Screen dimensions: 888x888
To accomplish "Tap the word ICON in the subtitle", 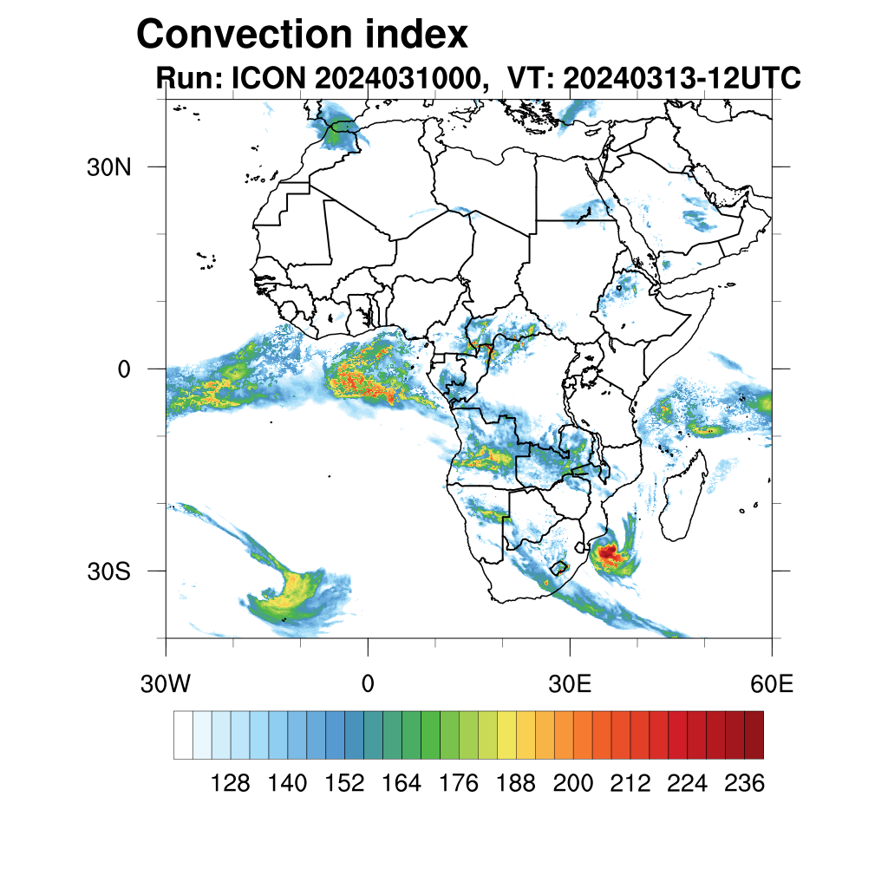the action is (269, 77).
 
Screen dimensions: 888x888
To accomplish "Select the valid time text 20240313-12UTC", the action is (682, 77).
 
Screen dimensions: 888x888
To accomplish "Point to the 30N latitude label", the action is (108, 167).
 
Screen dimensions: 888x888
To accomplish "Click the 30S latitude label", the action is (108, 571).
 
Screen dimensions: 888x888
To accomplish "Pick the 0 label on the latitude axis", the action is (124, 369).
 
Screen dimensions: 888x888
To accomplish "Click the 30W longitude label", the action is (166, 684).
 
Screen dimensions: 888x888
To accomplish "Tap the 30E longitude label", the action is (570, 684).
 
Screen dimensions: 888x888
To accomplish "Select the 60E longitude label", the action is (772, 684).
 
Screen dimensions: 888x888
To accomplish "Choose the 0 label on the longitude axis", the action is (368, 684).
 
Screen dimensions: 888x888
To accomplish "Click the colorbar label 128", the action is (230, 783).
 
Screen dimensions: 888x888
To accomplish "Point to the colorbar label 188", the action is (515, 783).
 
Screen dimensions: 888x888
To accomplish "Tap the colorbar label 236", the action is (744, 783).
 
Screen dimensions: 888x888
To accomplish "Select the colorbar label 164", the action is (401, 783).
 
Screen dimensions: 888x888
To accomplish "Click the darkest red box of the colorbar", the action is (754, 735).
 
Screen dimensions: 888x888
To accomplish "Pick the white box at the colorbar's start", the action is (184, 735).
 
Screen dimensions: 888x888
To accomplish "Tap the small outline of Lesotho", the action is (559, 567).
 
